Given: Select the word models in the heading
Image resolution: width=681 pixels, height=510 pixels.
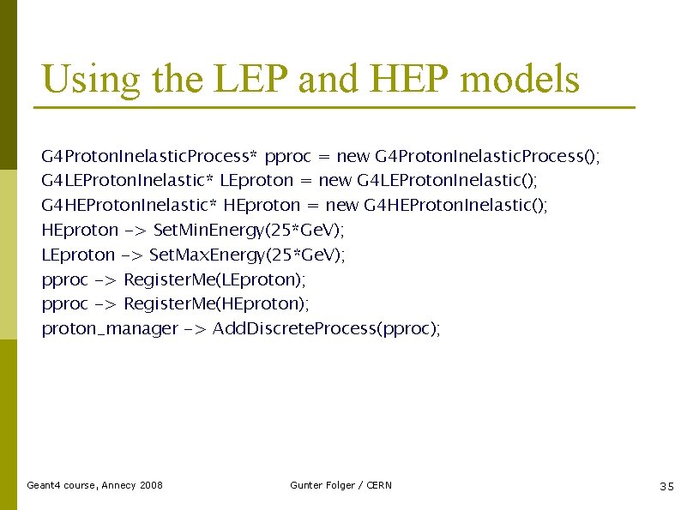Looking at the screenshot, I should (520, 80).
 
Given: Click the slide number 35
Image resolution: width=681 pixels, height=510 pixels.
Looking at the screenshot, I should (666, 486).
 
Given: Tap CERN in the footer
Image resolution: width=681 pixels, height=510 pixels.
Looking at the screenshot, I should (378, 485).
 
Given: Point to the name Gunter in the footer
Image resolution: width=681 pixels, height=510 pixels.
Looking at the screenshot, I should (306, 485).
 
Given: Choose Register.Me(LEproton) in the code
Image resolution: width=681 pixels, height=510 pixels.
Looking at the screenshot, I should (214, 279).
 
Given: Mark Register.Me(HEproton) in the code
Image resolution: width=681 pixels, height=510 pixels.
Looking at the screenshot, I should (217, 304).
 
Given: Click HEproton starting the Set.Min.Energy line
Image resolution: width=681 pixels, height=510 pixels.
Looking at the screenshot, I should (80, 230).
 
